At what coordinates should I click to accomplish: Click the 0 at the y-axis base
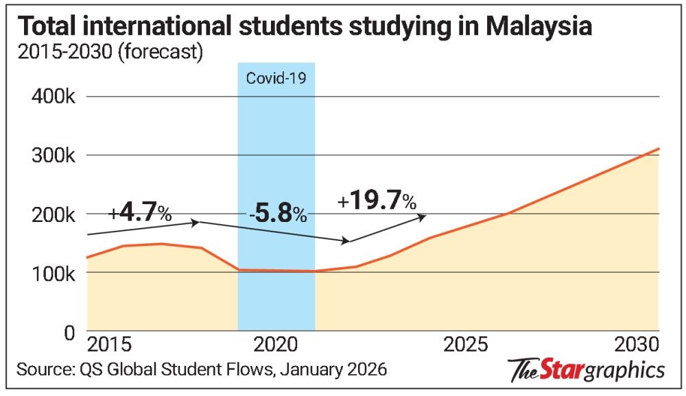tap(69, 332)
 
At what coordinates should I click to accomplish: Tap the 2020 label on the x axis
tap(276, 343)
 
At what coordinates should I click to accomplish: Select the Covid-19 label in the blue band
tap(276, 77)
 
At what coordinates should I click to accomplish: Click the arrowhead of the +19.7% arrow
tap(423, 216)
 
